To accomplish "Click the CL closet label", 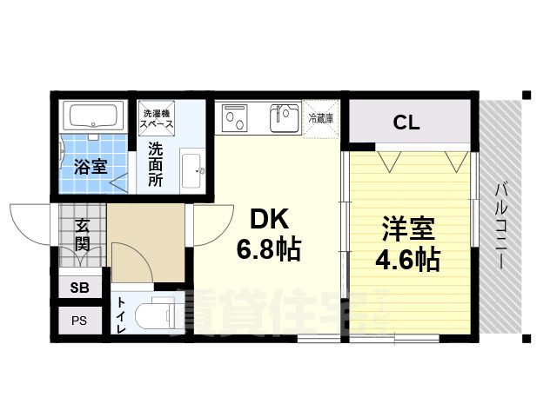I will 406,123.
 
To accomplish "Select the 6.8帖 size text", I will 269,250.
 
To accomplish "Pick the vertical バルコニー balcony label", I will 501,224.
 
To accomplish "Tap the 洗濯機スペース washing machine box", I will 158,117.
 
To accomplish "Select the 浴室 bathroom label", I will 90,166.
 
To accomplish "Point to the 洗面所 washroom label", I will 155,164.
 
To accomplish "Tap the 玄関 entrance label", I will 83,234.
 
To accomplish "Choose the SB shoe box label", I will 78,288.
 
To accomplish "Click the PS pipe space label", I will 78,320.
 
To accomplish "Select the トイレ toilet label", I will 120,315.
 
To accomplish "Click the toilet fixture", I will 157,314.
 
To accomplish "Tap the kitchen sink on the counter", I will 284,118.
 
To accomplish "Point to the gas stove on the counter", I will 236,117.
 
